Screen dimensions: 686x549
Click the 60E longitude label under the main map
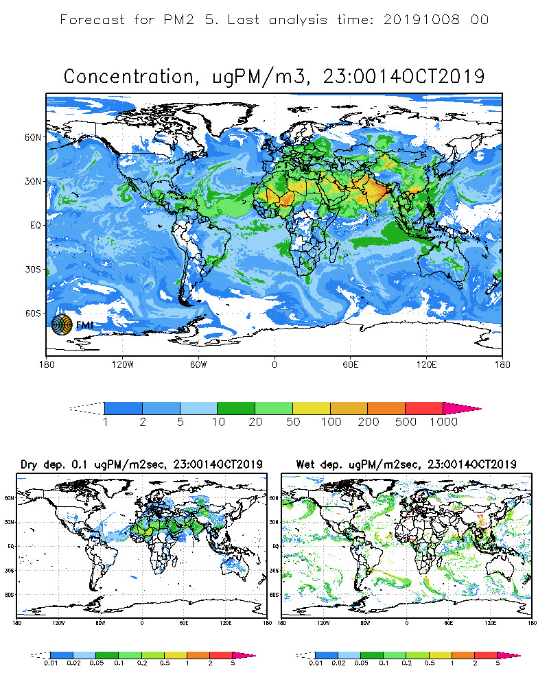click(x=351, y=364)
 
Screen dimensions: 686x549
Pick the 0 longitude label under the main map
click(x=275, y=364)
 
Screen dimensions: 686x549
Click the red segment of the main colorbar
click(x=424, y=408)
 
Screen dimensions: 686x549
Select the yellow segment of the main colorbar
click(x=312, y=408)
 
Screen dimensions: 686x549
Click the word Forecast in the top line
click(x=93, y=19)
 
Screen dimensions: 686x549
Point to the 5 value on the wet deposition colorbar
click(x=498, y=664)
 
